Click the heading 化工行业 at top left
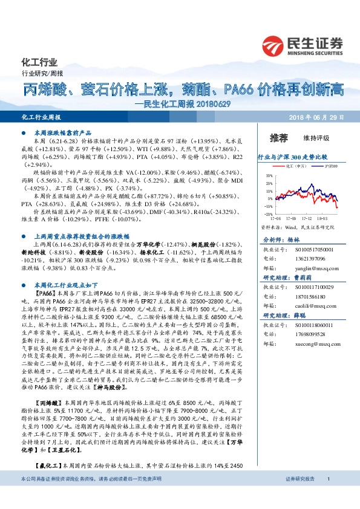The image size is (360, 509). pos(39,62)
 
